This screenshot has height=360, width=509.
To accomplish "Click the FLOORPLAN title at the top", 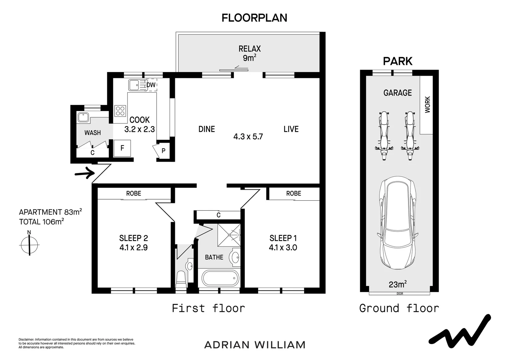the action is [254, 18].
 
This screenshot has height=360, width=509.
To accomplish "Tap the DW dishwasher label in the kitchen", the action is [151, 85].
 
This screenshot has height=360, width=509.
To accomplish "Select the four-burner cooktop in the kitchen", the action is [120, 111].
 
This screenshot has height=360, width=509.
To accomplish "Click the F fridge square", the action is [122, 148].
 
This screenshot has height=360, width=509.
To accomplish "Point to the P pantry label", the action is [163, 151].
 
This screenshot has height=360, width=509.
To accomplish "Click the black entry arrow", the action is [85, 173].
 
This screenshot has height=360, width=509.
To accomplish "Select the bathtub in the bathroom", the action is [220, 278].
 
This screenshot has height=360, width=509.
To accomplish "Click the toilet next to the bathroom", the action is [181, 279].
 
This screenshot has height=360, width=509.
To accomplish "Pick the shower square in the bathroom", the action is [229, 235].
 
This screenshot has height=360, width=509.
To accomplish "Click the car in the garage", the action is [398, 223].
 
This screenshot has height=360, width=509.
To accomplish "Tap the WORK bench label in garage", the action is [427, 105].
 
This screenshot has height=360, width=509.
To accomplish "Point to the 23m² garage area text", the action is [398, 284].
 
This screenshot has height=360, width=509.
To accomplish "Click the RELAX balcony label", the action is [250, 49].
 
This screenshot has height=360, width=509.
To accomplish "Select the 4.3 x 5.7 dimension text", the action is [248, 136].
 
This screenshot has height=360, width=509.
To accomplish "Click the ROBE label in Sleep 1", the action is [293, 193].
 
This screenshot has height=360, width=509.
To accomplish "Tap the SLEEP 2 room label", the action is [134, 238].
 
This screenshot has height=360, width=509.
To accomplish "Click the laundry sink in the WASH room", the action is [83, 117].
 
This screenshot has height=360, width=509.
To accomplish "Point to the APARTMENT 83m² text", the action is [50, 212].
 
